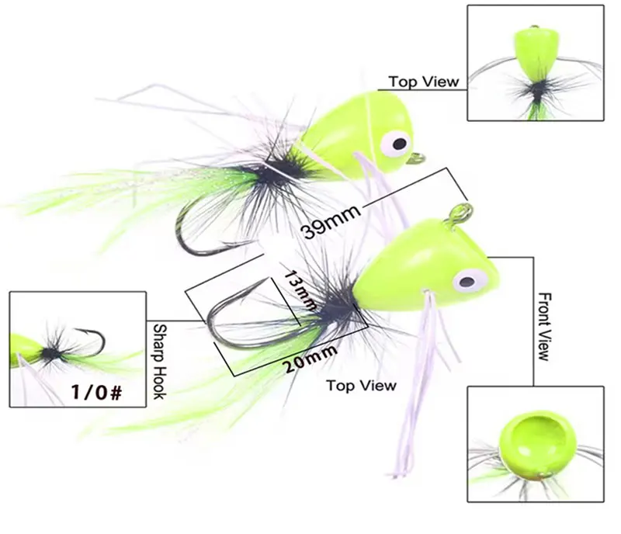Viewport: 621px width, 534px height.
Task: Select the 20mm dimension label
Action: point(310,359)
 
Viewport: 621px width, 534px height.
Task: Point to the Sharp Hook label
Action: point(159,362)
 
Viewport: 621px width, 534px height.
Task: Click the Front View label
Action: point(543,326)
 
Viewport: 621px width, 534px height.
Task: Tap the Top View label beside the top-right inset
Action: point(424,81)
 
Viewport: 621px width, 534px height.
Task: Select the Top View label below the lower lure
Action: point(361,385)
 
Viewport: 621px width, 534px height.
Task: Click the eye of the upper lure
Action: point(398,142)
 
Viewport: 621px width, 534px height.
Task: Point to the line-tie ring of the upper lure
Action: point(419,160)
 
